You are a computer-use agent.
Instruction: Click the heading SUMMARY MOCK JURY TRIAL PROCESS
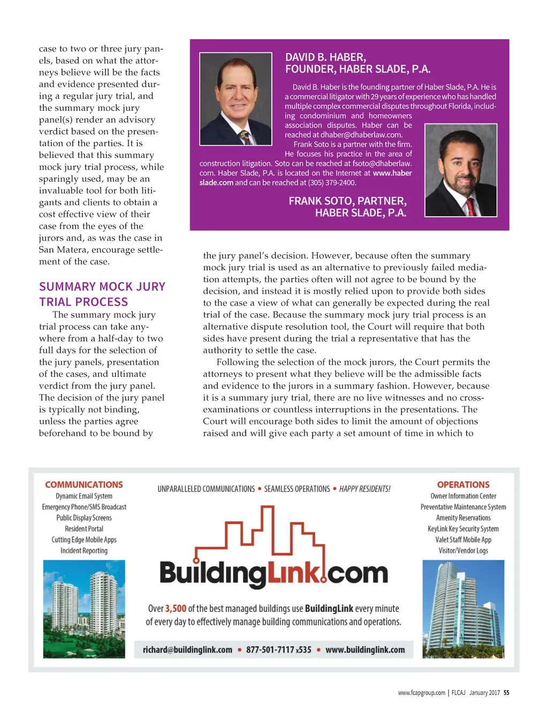102,294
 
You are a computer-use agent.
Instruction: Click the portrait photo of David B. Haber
235,99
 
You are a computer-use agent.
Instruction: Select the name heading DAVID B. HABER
325,57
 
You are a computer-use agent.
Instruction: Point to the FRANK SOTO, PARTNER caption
347,201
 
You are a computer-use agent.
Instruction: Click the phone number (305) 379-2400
332,183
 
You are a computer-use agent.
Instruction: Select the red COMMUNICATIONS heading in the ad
84,484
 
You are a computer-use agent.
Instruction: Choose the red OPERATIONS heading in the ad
463,484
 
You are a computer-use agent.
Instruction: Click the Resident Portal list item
84,529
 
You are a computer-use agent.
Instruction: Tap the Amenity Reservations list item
463,518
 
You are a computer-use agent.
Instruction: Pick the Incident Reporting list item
84,551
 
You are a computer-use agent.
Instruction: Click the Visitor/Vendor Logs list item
463,551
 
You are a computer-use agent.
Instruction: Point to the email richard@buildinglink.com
187,650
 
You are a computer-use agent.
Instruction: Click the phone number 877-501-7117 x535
278,650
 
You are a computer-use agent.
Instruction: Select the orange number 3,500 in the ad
176,609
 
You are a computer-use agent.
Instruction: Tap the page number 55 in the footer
506,693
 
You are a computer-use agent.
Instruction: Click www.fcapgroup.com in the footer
421,693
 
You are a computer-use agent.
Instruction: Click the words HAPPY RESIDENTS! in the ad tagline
364,489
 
